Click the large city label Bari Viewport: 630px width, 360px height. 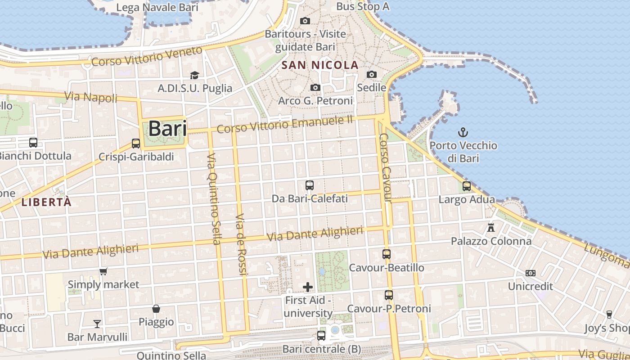point(167,129)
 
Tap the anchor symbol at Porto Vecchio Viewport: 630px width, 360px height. point(463,132)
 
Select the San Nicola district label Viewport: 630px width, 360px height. point(320,65)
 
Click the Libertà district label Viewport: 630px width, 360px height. point(46,202)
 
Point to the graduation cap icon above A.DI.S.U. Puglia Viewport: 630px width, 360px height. point(194,75)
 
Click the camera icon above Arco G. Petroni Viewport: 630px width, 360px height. point(315,87)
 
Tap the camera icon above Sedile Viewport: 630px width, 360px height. point(372,74)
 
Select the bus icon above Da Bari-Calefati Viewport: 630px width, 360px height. point(310,185)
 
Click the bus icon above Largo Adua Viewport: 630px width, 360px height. point(467,186)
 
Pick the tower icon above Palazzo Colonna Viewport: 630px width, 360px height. point(491,228)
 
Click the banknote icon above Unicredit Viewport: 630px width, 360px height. point(531,273)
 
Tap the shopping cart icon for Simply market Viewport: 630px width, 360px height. point(103,271)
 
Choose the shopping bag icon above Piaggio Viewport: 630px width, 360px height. point(156,309)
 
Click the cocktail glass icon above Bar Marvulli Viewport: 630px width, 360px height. point(97,324)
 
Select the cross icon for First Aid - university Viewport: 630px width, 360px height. point(308,287)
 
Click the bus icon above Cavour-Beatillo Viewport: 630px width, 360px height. point(387,254)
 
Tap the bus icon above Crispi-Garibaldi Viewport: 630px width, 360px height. point(136,144)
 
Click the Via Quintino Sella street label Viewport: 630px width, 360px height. point(213,198)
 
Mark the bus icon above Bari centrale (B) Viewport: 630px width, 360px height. point(321,335)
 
